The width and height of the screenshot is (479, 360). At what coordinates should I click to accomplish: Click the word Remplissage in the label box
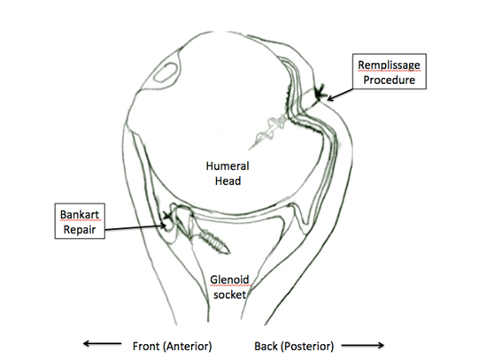pos(389,65)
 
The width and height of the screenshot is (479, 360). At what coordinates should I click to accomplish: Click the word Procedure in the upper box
pos(389,80)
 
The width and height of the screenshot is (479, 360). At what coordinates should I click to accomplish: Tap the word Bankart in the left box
pos(80,214)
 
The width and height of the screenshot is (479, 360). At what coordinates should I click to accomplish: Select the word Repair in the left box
pos(80,229)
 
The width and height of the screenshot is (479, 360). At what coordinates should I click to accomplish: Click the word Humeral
pos(228,166)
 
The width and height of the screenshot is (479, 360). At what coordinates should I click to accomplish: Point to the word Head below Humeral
pos(228,181)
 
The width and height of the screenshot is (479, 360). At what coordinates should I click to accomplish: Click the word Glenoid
pos(229,280)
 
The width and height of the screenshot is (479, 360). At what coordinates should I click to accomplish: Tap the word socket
pos(229,295)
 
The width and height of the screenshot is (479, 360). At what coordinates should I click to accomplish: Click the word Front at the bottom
pos(146,346)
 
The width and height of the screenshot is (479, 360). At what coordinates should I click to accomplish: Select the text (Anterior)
pos(188,346)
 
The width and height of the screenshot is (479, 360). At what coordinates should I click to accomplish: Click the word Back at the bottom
pos(266,346)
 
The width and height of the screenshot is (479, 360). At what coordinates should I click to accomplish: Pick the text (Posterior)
pos(307,346)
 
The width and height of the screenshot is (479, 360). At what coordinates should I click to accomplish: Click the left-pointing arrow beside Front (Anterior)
pos(103,343)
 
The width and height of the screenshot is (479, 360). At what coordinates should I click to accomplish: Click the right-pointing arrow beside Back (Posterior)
pos(363,345)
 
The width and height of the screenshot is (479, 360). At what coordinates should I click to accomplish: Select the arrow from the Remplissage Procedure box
pos(340,95)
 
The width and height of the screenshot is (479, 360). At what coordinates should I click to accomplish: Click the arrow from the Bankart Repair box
pos(135,227)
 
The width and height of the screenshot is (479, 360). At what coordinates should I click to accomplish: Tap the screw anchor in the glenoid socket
pos(213,242)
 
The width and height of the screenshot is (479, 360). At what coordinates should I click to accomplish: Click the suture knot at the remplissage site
pos(320,94)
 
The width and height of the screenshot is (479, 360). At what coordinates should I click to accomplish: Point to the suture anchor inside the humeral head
pos(267,131)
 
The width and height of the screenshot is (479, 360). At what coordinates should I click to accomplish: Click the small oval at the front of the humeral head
pos(165,73)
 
